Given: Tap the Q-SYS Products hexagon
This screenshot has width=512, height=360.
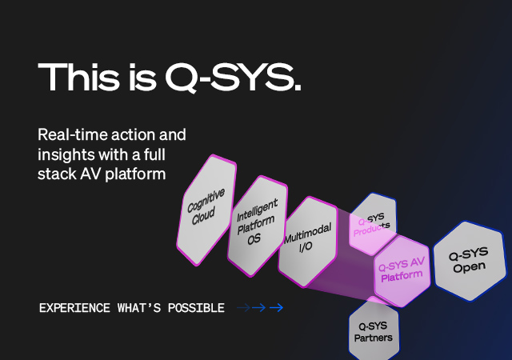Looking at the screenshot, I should click(374, 225).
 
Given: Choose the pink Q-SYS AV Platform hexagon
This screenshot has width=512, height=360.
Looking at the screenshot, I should click(402, 270).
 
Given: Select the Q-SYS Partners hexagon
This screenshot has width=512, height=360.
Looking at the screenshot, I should click(374, 330).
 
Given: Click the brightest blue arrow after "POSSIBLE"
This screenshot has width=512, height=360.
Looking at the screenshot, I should click(276, 308).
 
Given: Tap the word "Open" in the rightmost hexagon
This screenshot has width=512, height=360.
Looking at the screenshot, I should click(470, 267).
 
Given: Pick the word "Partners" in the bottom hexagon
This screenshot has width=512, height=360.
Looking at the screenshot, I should click(374, 337).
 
